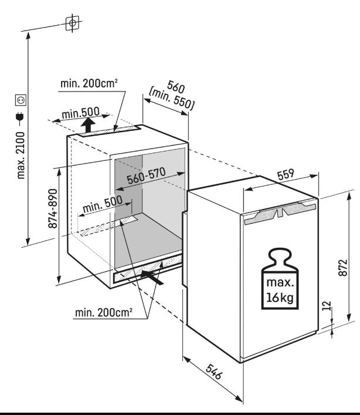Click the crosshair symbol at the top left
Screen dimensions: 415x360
tap(72, 23)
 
